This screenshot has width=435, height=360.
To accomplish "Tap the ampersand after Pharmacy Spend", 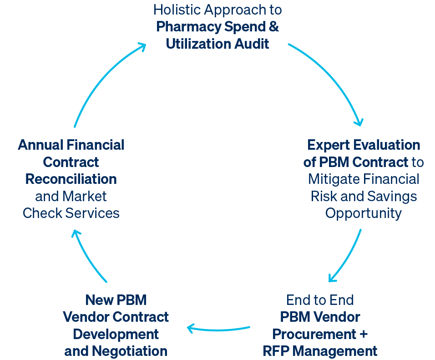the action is (274, 27).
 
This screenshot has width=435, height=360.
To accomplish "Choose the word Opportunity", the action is (364, 214).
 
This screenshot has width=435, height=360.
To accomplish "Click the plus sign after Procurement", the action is (364, 334).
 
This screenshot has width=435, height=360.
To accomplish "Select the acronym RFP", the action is (276, 351).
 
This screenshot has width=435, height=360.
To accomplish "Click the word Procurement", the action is (314, 334).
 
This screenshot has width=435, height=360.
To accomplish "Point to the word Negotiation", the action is (130, 351).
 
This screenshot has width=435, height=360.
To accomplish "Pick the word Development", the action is (116, 334).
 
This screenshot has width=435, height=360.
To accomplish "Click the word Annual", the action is (40, 145).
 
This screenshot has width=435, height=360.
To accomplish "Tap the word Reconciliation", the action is (71, 179).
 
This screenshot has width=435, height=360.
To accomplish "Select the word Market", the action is (85, 197).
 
